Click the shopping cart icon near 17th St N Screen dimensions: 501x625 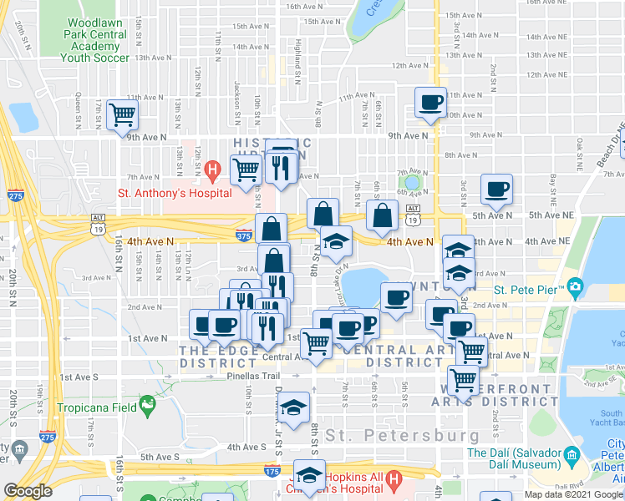click(x=122, y=114)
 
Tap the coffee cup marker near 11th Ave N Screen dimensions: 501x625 click(x=431, y=103)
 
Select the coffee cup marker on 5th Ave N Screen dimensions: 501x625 click(x=498, y=189)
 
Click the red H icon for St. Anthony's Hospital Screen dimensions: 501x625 click(x=213, y=173)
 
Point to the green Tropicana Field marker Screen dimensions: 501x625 click(x=148, y=407)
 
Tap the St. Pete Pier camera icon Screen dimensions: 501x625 click(x=574, y=288)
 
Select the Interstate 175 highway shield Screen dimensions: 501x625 click(x=272, y=473)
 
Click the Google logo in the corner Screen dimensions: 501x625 click(x=28, y=491)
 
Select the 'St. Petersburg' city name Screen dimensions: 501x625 click(x=403, y=436)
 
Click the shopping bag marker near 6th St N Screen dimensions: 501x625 click(x=382, y=215)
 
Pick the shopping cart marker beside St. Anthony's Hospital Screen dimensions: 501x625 click(x=246, y=170)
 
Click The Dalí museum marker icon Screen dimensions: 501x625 click(x=572, y=455)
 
